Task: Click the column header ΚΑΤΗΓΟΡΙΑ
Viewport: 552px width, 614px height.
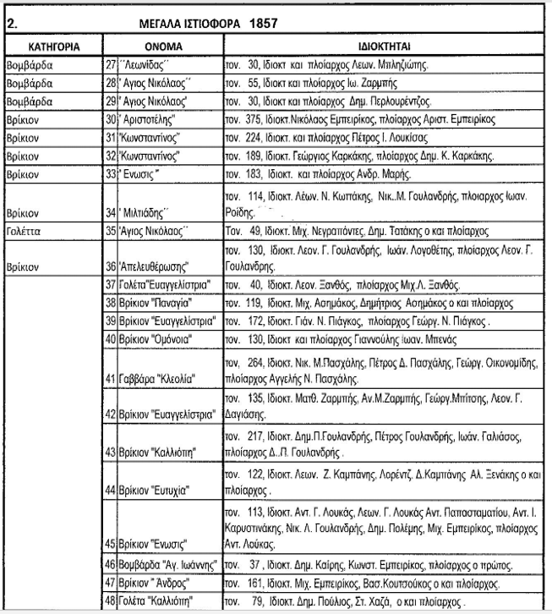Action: [53, 43]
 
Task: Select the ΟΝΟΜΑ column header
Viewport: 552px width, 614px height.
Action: [161, 43]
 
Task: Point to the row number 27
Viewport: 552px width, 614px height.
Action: [109, 65]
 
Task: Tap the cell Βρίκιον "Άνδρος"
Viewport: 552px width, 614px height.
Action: [157, 583]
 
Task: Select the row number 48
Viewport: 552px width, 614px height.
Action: [109, 601]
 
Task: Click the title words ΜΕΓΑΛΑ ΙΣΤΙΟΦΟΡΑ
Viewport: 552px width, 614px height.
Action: [199, 25]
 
